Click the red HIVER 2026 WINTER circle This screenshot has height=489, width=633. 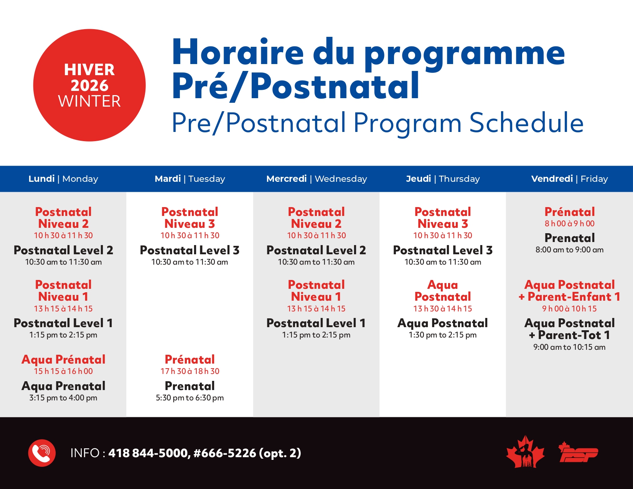coord(89,85)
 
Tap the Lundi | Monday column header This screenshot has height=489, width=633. coord(63,179)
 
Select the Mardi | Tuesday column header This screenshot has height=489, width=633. coord(190,179)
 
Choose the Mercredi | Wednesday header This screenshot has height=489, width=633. coord(316,179)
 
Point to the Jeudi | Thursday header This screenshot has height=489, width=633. coord(443,179)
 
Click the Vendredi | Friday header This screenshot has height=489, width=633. coord(569,179)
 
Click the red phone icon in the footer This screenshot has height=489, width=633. coord(42,453)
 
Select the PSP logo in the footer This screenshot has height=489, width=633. coord(579,453)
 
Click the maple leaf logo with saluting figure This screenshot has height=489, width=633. coord(525,453)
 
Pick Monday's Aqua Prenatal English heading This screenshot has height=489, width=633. coord(63,386)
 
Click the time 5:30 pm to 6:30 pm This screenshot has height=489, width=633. coord(190,398)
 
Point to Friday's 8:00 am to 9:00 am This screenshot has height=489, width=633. coord(569,250)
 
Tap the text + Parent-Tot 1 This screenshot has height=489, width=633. coord(569,335)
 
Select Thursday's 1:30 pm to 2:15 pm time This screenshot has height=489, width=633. coord(443,335)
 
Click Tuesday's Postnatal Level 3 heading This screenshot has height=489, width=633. coord(190,250)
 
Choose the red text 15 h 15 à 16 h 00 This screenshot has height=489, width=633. coord(63,371)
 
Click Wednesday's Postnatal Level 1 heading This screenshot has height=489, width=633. coord(316,323)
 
